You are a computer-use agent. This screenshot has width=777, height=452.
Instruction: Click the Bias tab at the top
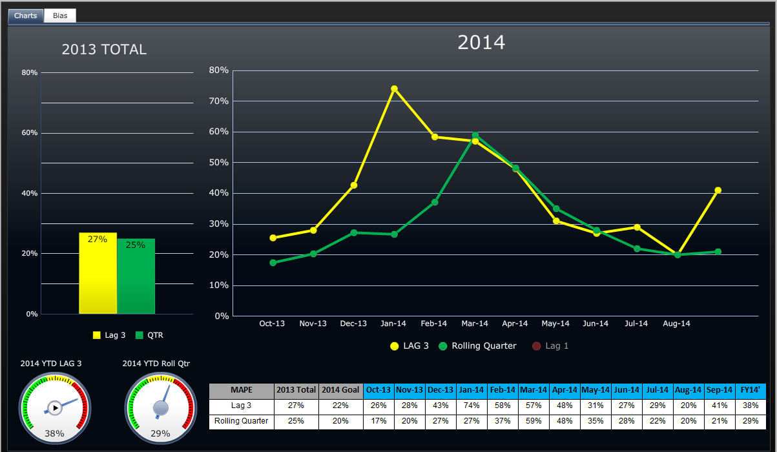pyautogui.click(x=60, y=15)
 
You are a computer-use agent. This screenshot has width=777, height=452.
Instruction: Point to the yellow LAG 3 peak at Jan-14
pyautogui.click(x=394, y=88)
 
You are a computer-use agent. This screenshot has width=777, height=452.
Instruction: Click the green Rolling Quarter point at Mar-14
pyautogui.click(x=475, y=136)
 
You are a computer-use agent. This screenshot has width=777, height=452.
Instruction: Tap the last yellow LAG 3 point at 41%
pyautogui.click(x=718, y=190)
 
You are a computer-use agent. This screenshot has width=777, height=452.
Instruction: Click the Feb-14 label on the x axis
pyautogui.click(x=434, y=324)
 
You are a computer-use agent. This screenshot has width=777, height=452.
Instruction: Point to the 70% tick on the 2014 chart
pyautogui.click(x=218, y=101)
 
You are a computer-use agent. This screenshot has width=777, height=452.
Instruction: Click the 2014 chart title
pyautogui.click(x=481, y=43)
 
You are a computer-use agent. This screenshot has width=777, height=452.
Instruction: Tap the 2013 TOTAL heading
pyautogui.click(x=104, y=50)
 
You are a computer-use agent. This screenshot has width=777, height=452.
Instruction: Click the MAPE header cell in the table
pyautogui.click(x=242, y=390)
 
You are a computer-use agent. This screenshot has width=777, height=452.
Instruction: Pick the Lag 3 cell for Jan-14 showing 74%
pyautogui.click(x=471, y=406)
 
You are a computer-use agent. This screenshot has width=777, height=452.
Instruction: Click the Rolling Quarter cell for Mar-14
pyautogui.click(x=534, y=421)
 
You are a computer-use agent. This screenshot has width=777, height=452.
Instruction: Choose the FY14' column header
pyautogui.click(x=751, y=390)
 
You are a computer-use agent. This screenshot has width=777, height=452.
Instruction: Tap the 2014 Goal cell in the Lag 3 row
pyautogui.click(x=340, y=406)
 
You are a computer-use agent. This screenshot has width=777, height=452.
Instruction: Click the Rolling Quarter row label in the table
pyautogui.click(x=242, y=421)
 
